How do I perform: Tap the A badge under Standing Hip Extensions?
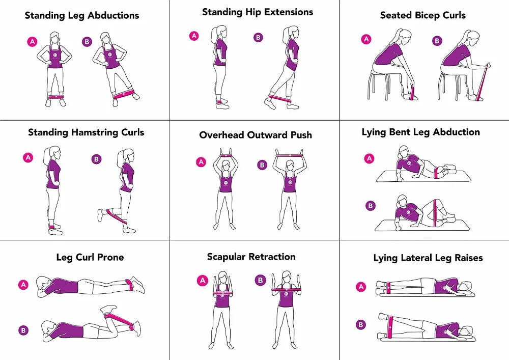(194, 36)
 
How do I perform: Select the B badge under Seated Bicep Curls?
(437, 41)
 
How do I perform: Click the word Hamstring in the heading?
(94, 132)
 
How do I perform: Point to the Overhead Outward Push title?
(256, 135)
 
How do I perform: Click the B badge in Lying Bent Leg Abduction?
(371, 206)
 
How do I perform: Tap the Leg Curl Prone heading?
(90, 257)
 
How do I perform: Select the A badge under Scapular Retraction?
(202, 280)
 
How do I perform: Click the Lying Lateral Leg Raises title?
(428, 258)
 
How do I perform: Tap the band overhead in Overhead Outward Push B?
(289, 153)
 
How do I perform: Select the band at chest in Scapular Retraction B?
(288, 290)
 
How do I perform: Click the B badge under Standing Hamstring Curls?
(96, 159)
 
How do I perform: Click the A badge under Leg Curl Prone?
(23, 285)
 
